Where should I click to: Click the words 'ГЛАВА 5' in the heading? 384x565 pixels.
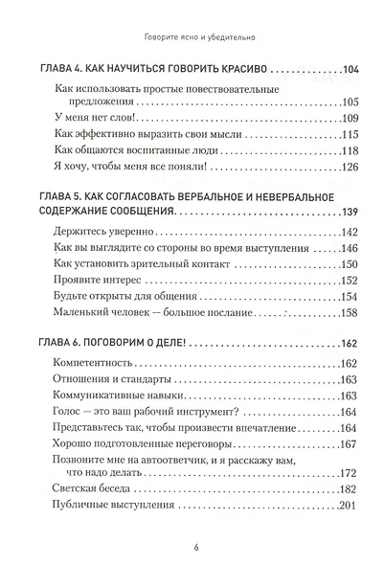pos(60,196)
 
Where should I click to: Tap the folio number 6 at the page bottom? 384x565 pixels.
pos(193,548)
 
